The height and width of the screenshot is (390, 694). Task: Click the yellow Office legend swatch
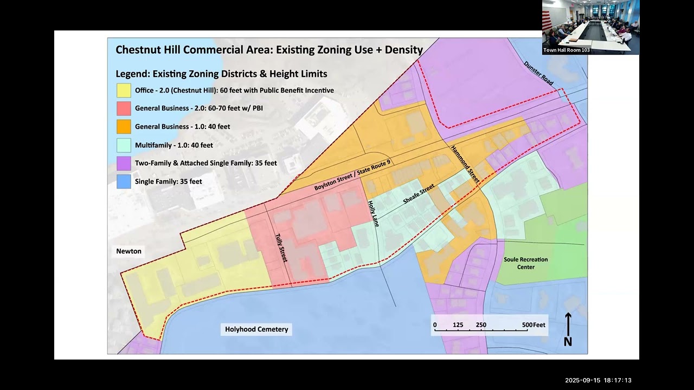pyautogui.click(x=124, y=90)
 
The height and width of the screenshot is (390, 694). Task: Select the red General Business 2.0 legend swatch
pyautogui.click(x=124, y=108)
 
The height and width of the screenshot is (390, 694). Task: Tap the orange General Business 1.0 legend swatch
pyautogui.click(x=124, y=127)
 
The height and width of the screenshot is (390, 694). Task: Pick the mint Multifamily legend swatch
pyautogui.click(x=124, y=145)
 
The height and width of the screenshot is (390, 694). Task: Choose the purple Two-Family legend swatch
pyautogui.click(x=124, y=163)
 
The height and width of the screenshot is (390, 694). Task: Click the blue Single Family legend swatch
pyautogui.click(x=124, y=181)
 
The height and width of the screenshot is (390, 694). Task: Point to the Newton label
pyautogui.click(x=128, y=251)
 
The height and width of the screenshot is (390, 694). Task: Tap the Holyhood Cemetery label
pyautogui.click(x=256, y=329)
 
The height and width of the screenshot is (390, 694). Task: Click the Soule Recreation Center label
pyautogui.click(x=525, y=263)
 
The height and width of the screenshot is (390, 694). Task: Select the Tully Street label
pyautogui.click(x=281, y=248)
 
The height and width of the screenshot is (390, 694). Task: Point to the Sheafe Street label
pyautogui.click(x=419, y=194)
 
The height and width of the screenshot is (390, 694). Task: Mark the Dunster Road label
pyautogui.click(x=538, y=73)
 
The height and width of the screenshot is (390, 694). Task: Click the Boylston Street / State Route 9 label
pyautogui.click(x=353, y=174)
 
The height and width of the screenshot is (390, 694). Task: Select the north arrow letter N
pyautogui.click(x=568, y=342)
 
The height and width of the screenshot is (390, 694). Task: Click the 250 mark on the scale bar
pyautogui.click(x=481, y=325)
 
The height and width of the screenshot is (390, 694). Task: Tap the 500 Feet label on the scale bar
pyautogui.click(x=534, y=325)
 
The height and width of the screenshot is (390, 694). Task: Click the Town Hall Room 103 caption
pyautogui.click(x=567, y=50)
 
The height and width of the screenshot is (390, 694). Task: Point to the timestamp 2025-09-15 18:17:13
pyautogui.click(x=598, y=380)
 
